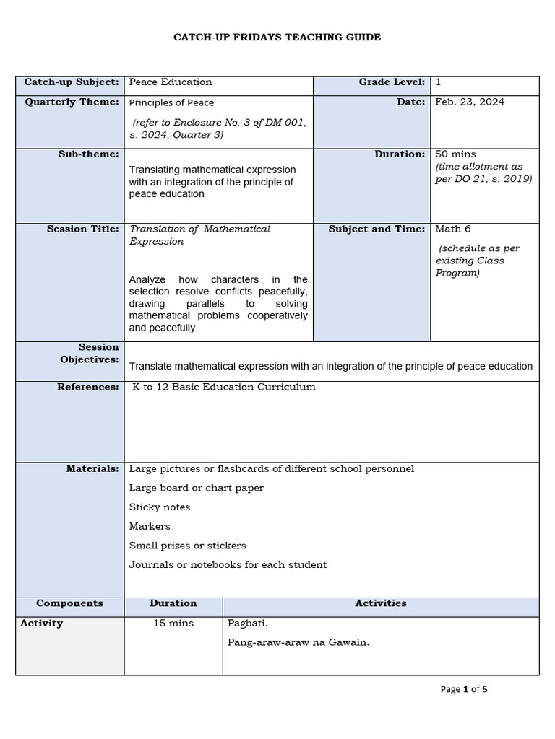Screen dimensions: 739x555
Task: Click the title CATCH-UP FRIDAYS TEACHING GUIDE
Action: (277, 37)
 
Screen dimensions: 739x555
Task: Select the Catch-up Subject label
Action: (72, 83)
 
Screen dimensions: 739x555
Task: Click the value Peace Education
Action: (171, 82)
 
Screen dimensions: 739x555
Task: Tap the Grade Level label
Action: (392, 82)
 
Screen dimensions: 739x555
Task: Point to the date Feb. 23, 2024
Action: (470, 102)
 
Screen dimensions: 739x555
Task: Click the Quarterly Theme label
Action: (72, 102)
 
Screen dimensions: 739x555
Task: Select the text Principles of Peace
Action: (171, 103)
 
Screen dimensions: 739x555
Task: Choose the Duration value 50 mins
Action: (455, 154)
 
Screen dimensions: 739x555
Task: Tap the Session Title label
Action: (83, 229)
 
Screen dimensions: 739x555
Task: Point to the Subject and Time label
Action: (377, 229)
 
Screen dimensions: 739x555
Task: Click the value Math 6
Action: (453, 229)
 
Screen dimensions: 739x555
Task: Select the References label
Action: (88, 388)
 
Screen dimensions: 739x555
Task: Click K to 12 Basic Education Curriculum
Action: (224, 388)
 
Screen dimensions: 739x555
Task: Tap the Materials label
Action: (92, 469)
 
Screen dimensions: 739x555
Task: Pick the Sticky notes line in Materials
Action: (160, 507)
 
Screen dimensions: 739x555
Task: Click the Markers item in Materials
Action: (150, 527)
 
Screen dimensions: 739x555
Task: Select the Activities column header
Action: (380, 603)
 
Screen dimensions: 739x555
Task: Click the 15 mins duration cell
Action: (173, 624)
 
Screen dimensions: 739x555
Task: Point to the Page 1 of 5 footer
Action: (464, 690)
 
